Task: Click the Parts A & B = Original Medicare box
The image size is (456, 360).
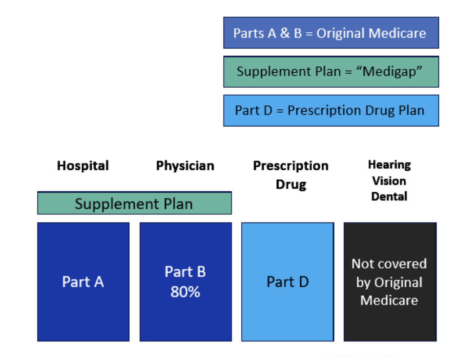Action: pos(331,33)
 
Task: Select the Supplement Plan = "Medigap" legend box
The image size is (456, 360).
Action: pos(331,72)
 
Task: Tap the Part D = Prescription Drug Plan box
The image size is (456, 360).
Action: pos(331,111)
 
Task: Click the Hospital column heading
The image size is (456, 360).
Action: pos(83,166)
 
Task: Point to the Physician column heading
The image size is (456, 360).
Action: pos(185,166)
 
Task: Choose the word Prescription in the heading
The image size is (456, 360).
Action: pos(291,166)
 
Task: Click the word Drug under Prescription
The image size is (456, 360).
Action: pos(291,184)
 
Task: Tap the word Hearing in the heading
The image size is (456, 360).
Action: pos(390,165)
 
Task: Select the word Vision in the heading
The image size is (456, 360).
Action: pos(389,181)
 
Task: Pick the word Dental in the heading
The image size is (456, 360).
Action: pos(389,197)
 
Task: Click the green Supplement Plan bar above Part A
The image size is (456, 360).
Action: pos(134,203)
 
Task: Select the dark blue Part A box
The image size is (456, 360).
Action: pos(83,282)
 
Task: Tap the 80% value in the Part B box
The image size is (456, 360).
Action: pos(185,292)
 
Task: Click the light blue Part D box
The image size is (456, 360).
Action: pos(288,282)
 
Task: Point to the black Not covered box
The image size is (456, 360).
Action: pos(390,282)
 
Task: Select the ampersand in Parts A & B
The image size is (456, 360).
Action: pos(285,33)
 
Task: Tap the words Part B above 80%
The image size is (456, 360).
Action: pos(185,272)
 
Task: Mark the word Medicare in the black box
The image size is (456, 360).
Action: pos(389,300)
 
